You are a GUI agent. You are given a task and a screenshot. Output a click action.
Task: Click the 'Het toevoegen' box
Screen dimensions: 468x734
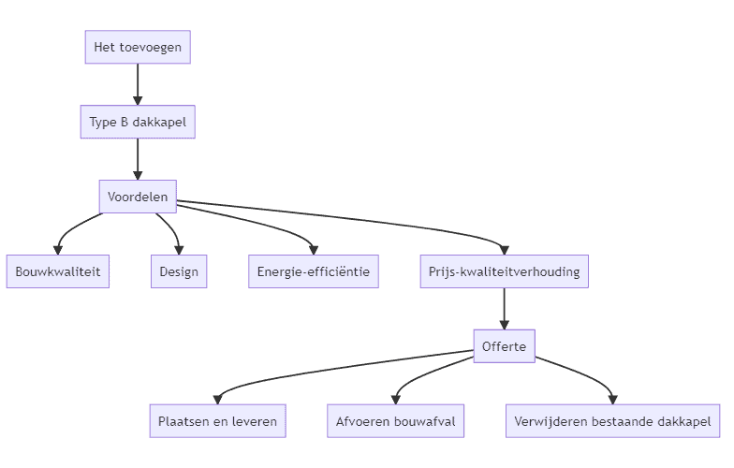[x=138, y=47]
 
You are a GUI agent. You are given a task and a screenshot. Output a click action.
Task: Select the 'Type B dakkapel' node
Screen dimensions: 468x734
[x=138, y=122]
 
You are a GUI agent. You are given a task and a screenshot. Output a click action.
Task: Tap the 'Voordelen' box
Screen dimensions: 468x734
[x=138, y=197]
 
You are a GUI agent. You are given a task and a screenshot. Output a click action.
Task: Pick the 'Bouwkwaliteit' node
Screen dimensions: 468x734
[x=58, y=271]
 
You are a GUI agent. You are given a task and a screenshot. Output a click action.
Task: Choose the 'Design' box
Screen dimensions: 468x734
[x=178, y=271]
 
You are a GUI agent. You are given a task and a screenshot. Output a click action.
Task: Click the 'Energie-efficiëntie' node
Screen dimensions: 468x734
[x=313, y=271]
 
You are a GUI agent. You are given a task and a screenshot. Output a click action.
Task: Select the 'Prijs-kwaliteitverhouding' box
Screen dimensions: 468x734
[x=504, y=271]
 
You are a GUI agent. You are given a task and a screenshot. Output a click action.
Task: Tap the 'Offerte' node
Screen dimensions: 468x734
[x=504, y=347]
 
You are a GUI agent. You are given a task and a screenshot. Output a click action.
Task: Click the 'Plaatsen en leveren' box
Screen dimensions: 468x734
[x=217, y=421]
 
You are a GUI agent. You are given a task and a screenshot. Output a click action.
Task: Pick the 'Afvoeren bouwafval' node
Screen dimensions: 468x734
[x=395, y=421]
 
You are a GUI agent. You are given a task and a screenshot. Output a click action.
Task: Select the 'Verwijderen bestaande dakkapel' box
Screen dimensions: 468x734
[x=612, y=421]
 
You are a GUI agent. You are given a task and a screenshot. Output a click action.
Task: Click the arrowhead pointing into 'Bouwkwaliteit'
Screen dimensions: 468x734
[x=58, y=250]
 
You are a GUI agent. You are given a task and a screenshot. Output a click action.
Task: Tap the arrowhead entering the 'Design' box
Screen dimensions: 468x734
[x=178, y=250]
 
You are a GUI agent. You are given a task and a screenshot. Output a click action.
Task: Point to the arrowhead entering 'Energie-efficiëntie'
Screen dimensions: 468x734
[x=313, y=250]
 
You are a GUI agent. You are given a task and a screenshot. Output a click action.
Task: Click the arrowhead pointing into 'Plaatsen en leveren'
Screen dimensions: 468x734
[x=217, y=400]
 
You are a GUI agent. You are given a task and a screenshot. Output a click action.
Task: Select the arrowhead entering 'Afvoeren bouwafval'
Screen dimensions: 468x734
[x=396, y=400]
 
